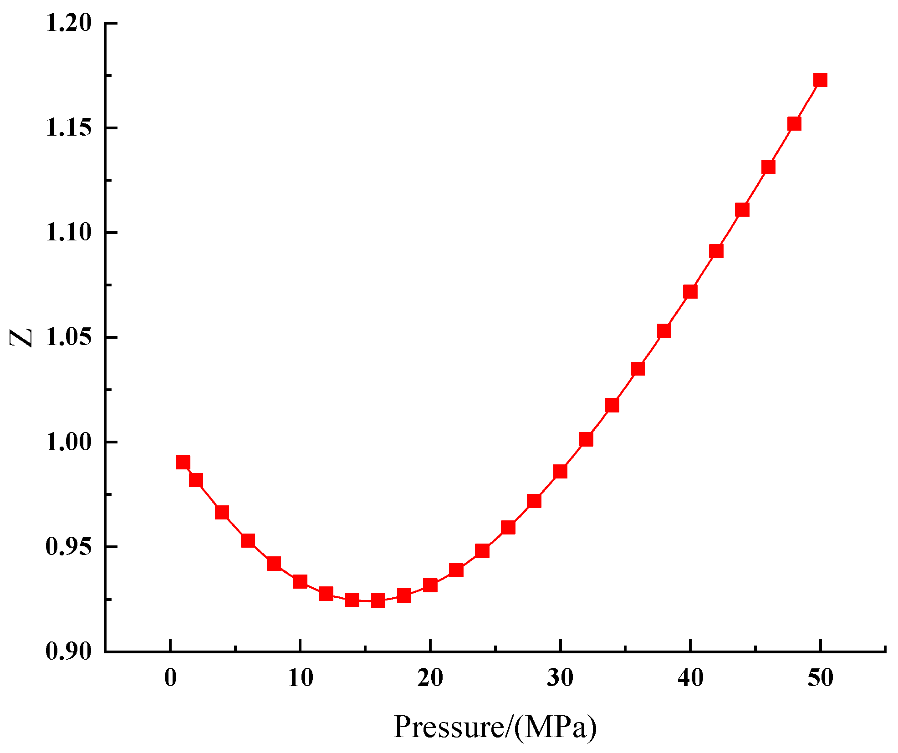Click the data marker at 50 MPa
pos(820,80)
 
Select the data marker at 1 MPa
pos(183,463)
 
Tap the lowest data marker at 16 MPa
pos(378,600)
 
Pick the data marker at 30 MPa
pos(560,472)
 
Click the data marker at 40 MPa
pos(690,291)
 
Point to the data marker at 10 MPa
pos(300,581)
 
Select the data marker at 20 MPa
pos(430,585)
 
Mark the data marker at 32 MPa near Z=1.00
pos(586,439)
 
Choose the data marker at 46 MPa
pos(768,167)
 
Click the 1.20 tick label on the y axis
pos(69,23)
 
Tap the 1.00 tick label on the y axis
pos(69,442)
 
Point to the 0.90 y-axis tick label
pos(69,651)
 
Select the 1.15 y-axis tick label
pos(69,128)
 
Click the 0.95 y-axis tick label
pos(69,547)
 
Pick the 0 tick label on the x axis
pos(170,678)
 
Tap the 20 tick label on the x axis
pos(430,678)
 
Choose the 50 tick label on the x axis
pos(820,678)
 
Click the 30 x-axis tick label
pos(560,678)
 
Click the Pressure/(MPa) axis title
pos(495,727)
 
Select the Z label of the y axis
pos(21,337)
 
